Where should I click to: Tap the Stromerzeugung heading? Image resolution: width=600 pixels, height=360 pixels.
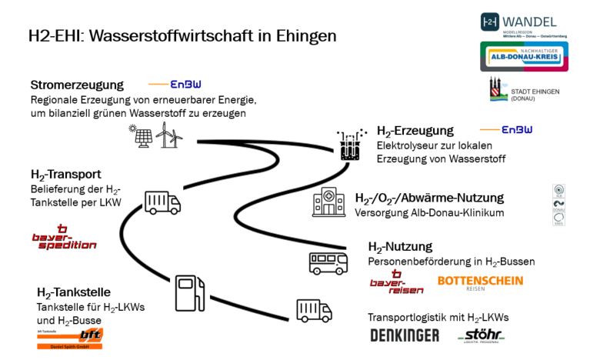(77, 85)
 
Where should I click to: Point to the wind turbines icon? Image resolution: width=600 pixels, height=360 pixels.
(169, 138)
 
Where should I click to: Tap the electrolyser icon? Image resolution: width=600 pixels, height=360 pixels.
(351, 145)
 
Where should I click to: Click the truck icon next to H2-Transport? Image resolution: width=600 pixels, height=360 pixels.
(162, 202)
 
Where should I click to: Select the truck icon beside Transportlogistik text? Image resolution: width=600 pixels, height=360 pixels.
(314, 310)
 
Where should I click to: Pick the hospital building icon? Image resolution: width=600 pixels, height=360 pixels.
(328, 203)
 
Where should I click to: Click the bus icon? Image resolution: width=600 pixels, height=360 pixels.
(328, 262)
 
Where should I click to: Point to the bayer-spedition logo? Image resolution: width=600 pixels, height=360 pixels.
(65, 239)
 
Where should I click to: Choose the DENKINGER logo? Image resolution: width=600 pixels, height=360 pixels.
(405, 335)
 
